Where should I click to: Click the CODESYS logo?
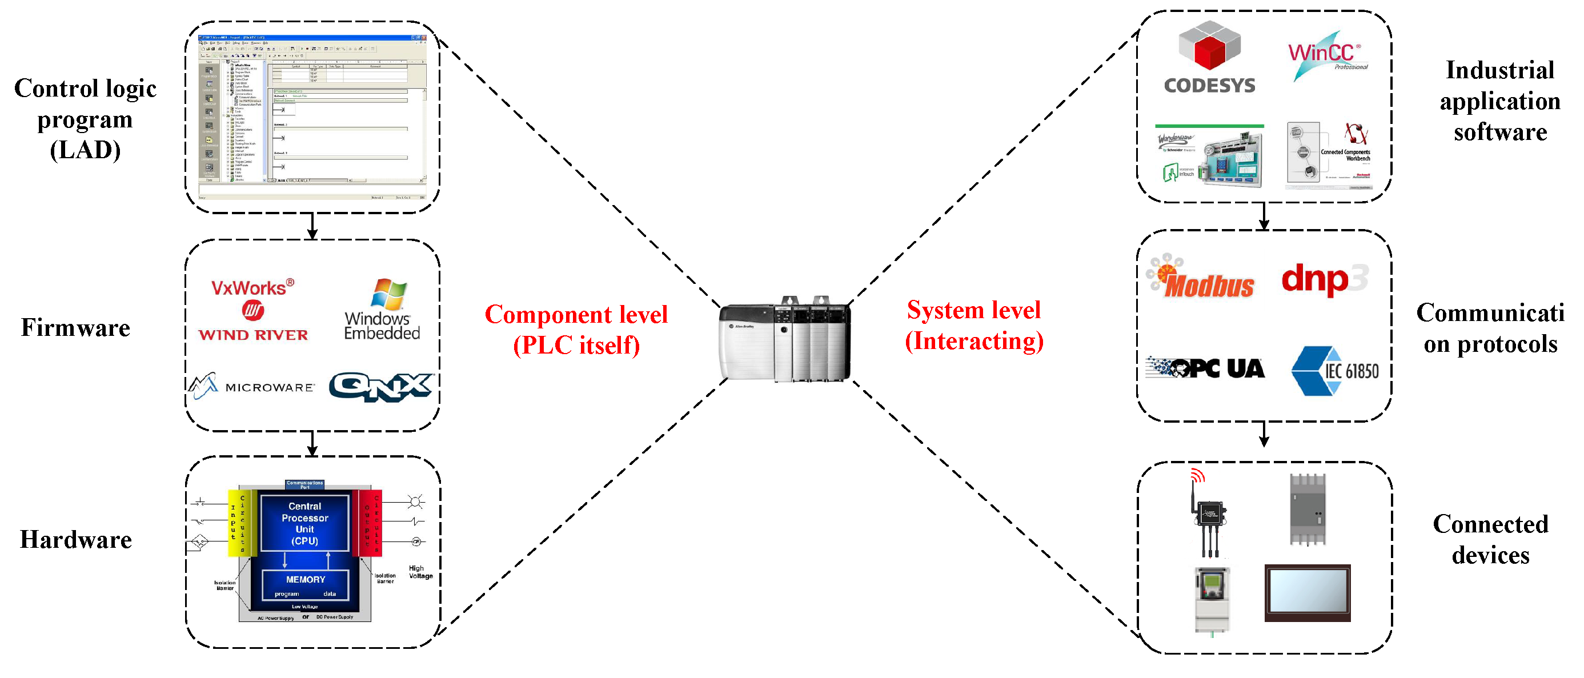pos(1209,58)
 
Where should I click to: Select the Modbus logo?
pos(1201,278)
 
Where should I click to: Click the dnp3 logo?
pos(1324,280)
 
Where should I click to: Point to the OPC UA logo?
pos(1206,368)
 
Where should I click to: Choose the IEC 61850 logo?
pos(1334,371)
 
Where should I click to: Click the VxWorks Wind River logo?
pos(252,310)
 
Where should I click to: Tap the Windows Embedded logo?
pos(383,310)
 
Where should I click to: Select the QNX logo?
pos(380,387)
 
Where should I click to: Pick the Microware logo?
pos(252,387)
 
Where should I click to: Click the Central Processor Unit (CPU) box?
pos(304,523)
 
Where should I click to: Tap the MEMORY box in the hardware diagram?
pos(305,584)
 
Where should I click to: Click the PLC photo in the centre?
pos(785,340)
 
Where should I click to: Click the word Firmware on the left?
pos(75,328)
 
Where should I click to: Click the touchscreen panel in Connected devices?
pos(1307,592)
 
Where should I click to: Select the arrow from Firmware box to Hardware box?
pos(312,443)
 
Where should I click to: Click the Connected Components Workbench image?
pos(1328,156)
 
